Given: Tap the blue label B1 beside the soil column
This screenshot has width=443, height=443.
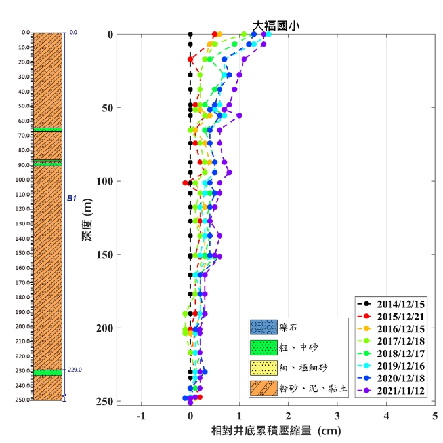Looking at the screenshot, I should (x=72, y=197).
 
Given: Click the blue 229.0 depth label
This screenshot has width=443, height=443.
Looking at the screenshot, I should (x=75, y=370).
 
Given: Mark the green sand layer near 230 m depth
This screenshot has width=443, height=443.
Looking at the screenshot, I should (x=47, y=372).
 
